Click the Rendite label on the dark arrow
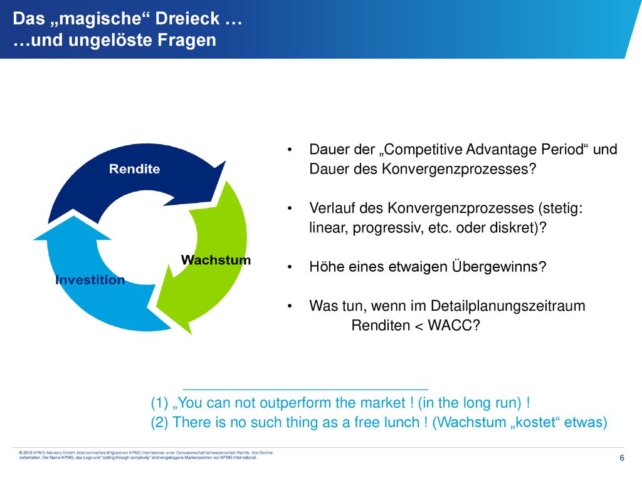pyautogui.click(x=134, y=169)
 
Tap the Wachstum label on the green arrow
pyautogui.click(x=216, y=260)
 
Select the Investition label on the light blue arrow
pyautogui.click(x=90, y=280)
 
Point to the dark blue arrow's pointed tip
pyautogui.click(x=225, y=162)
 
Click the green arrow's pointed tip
pyautogui.click(x=191, y=334)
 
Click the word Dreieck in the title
pyautogui.click(x=187, y=19)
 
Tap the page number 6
pyautogui.click(x=622, y=458)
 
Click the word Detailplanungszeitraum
pyautogui.click(x=508, y=306)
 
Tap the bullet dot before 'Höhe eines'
pyautogui.click(x=290, y=267)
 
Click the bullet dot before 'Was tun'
pyautogui.click(x=290, y=306)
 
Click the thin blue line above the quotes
pyautogui.click(x=305, y=389)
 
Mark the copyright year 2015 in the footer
pyautogui.click(x=28, y=453)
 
